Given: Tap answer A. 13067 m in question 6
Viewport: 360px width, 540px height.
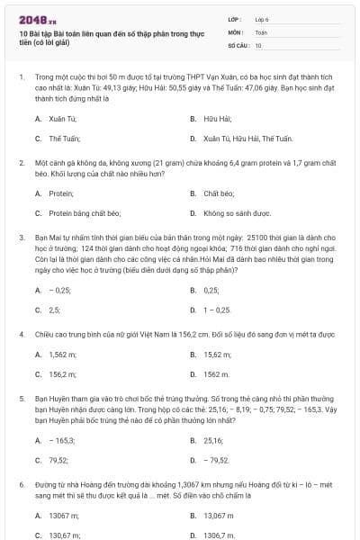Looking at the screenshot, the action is tap(57, 515).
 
